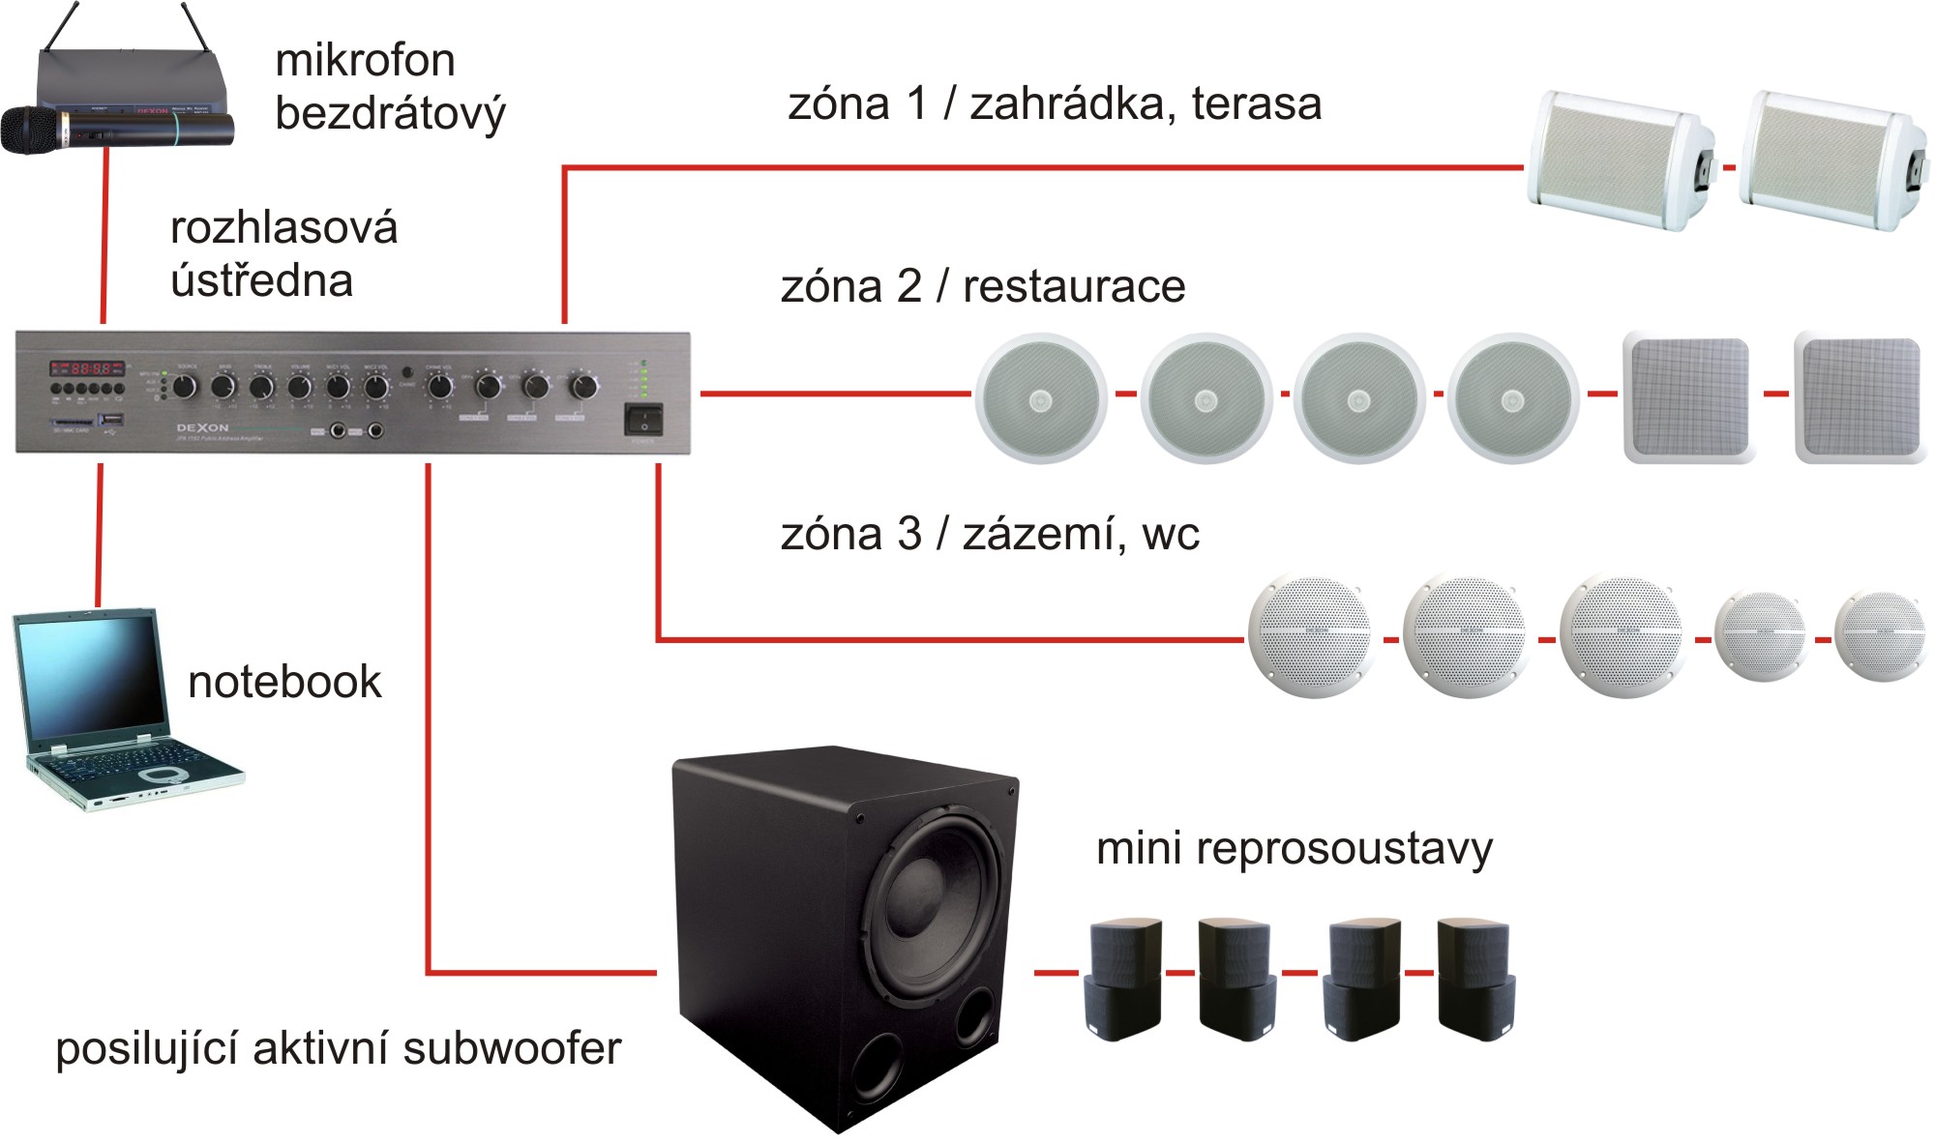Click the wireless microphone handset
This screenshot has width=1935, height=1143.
(x=116, y=129)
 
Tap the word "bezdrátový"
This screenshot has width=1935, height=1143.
(x=390, y=114)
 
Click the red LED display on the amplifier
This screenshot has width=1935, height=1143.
(x=87, y=368)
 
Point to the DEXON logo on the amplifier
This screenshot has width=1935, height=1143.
(x=202, y=427)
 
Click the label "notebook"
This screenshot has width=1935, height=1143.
(x=284, y=682)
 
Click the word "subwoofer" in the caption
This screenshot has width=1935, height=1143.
(x=512, y=1049)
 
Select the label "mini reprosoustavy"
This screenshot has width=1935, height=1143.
(x=1294, y=849)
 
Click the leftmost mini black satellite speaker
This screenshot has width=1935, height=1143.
(x=1125, y=978)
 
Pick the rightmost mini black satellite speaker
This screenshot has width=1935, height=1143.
(x=1474, y=978)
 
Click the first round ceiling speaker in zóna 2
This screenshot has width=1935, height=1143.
(x=1040, y=397)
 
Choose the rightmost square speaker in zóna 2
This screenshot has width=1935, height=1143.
(x=1859, y=397)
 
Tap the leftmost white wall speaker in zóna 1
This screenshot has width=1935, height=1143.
(x=1620, y=161)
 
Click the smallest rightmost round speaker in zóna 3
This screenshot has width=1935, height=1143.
(x=1882, y=635)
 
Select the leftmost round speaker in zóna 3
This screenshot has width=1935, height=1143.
(x=1311, y=636)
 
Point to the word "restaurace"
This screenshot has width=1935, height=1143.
(x=1074, y=287)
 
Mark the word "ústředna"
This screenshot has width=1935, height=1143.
(x=261, y=281)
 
